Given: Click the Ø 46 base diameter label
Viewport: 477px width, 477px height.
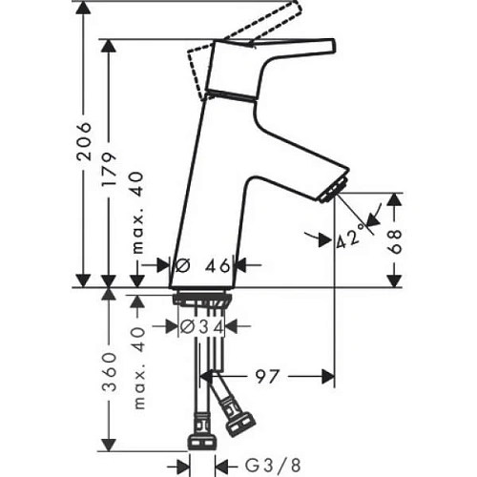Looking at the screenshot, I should (205, 266).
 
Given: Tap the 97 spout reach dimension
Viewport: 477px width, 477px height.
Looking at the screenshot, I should (266, 377).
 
